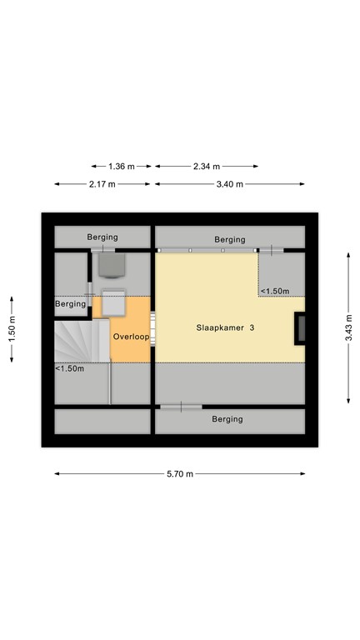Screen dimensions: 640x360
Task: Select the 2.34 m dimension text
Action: pos(206,166)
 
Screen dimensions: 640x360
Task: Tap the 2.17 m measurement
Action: pos(103,184)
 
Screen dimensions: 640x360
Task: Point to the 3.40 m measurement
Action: pos(229,184)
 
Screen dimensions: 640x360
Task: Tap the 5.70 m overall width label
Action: pos(179,474)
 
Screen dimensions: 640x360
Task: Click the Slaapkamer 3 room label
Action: pos(226,328)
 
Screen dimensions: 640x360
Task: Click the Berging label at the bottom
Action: pos(227,419)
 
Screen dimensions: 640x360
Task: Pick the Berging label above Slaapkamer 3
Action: pos(229,239)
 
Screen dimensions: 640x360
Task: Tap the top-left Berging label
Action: pos(103,237)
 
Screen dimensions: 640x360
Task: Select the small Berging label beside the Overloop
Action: pos(71,304)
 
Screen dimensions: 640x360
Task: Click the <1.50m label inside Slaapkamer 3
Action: pos(275,291)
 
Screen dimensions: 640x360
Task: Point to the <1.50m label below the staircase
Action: pos(70,368)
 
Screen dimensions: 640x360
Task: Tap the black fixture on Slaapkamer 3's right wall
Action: pos(299,328)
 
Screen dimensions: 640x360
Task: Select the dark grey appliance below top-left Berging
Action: pos(110,264)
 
